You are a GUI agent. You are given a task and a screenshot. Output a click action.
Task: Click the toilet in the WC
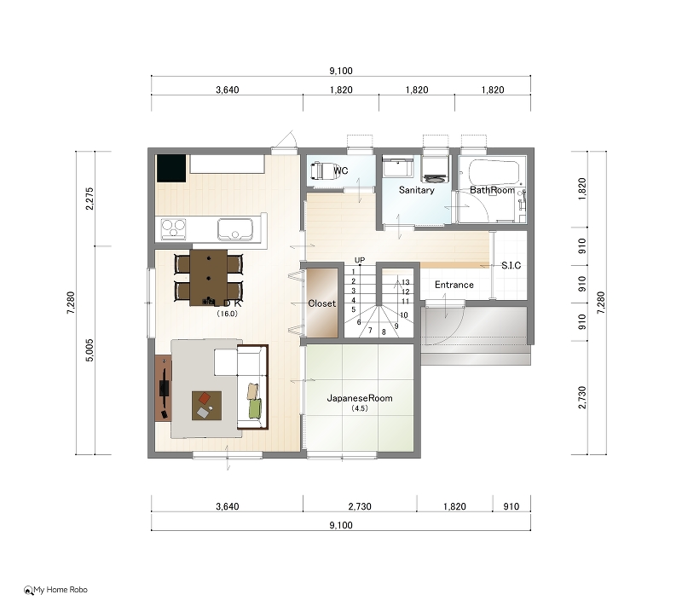[x=318, y=170]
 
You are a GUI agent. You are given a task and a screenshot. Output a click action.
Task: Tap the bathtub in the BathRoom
[x=494, y=173]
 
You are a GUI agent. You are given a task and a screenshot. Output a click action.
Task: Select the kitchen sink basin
[x=235, y=228]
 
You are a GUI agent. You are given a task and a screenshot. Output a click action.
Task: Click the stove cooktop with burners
[x=173, y=228]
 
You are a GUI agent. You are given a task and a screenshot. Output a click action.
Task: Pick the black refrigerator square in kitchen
[x=171, y=168]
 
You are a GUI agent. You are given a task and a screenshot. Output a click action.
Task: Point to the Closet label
[x=322, y=303]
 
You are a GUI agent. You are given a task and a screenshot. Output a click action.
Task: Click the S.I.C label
[x=511, y=265]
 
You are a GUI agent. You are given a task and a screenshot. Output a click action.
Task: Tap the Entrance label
[x=454, y=285]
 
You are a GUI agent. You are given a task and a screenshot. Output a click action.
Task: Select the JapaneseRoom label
[x=360, y=398]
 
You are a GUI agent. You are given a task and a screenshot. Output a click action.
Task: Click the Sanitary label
[x=416, y=190]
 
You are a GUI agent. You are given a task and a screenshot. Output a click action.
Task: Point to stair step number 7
[x=370, y=331]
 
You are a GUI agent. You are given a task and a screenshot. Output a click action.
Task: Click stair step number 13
[x=406, y=282]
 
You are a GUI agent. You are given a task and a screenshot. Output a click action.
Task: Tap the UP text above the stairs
[x=360, y=260]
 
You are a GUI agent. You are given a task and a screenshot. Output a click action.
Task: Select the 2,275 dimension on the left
[x=90, y=199]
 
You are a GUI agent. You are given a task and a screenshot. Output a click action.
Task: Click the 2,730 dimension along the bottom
[x=360, y=506]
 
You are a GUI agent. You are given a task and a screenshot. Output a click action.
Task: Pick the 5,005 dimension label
[x=90, y=350]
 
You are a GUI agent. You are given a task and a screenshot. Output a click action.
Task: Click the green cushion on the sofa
[x=255, y=408]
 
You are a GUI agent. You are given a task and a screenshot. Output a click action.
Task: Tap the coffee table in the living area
[x=206, y=406]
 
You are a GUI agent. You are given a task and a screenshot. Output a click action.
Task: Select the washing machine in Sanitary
[x=435, y=170]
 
